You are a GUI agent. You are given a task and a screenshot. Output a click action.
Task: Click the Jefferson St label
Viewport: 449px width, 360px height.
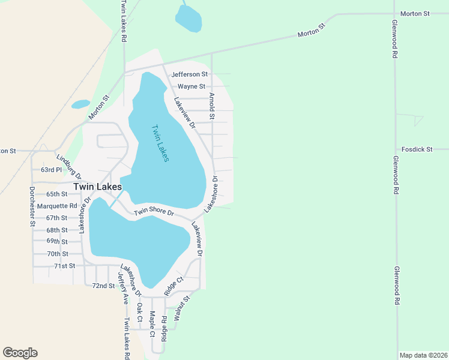pos(189,74)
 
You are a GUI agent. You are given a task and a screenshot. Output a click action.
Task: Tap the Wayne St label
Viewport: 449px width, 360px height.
pos(191,86)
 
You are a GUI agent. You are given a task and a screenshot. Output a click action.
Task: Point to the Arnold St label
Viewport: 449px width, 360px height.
pos(211,106)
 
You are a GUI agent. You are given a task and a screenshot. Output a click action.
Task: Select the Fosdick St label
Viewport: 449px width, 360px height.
pos(417,149)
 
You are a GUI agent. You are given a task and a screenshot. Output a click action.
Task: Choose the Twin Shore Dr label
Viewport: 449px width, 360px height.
pos(154,212)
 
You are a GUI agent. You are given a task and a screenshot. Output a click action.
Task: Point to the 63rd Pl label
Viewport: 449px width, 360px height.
pos(51,170)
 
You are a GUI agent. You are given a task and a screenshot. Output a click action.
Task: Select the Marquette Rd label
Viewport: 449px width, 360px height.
pos(57,206)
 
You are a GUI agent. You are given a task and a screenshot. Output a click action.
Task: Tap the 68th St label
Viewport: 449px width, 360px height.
pos(57,230)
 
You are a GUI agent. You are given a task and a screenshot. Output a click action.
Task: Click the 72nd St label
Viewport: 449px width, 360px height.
pos(103,286)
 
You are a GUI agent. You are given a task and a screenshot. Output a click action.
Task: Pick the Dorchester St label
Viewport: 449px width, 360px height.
pos(32,205)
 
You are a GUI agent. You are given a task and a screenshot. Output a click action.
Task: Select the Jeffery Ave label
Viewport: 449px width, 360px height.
pos(122,287)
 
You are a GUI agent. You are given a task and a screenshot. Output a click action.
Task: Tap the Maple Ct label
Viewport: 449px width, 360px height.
pos(152,323)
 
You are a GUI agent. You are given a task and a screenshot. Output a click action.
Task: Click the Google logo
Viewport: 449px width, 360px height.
pos(20,353)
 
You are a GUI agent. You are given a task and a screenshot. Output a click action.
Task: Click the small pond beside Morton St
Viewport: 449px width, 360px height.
pos(80,104)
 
